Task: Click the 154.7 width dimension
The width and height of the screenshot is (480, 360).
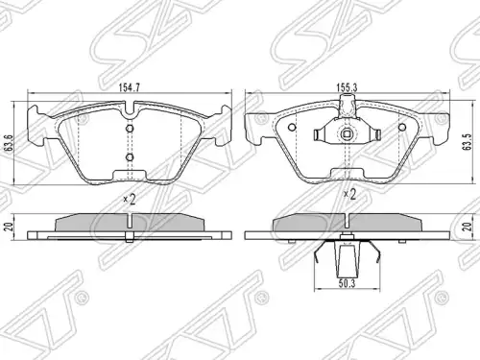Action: (130, 88)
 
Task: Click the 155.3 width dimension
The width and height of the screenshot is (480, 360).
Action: (347, 87)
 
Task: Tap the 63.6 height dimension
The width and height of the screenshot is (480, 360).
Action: (10, 143)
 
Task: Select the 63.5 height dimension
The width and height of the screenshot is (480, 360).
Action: (468, 142)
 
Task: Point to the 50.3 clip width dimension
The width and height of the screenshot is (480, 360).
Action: (347, 284)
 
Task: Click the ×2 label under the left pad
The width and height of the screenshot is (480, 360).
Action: (130, 200)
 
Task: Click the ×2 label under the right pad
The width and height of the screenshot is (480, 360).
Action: (349, 194)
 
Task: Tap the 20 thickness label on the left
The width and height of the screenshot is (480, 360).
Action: (10, 227)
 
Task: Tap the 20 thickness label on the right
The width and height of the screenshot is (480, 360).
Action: (468, 227)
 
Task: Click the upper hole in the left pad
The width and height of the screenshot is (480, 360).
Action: (130, 129)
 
